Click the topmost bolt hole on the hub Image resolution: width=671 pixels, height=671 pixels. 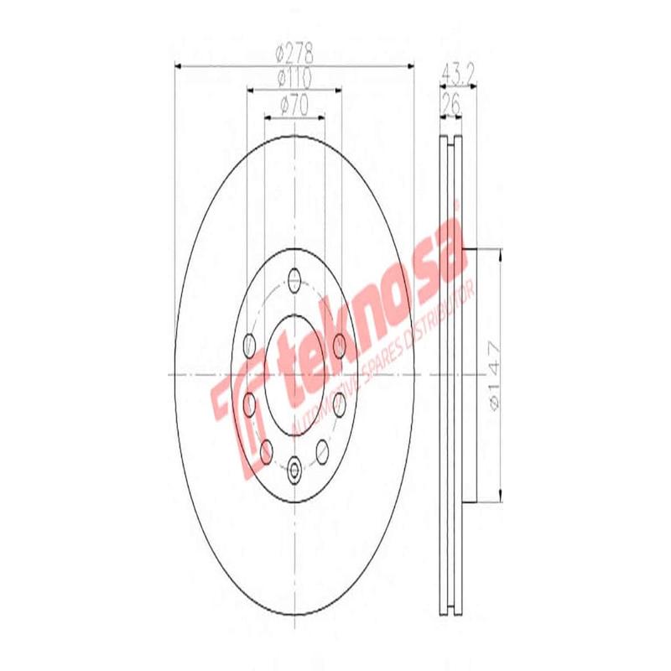tap(294, 278)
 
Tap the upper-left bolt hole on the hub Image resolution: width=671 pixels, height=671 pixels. tap(249, 343)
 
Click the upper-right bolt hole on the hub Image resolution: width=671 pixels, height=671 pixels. tap(338, 343)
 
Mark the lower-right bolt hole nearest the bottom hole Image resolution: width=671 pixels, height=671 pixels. tap(323, 453)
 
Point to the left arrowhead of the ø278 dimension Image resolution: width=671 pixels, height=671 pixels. tap(177, 65)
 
